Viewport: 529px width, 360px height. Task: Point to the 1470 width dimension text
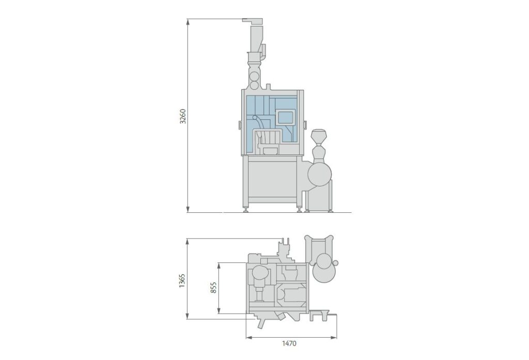click(289, 343)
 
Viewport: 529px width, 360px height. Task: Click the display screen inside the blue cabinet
click(285, 117)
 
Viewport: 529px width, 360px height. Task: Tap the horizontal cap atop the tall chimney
click(253, 21)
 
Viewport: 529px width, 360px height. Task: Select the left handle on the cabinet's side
click(240, 124)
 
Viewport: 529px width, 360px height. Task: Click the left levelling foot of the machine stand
click(245, 209)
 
